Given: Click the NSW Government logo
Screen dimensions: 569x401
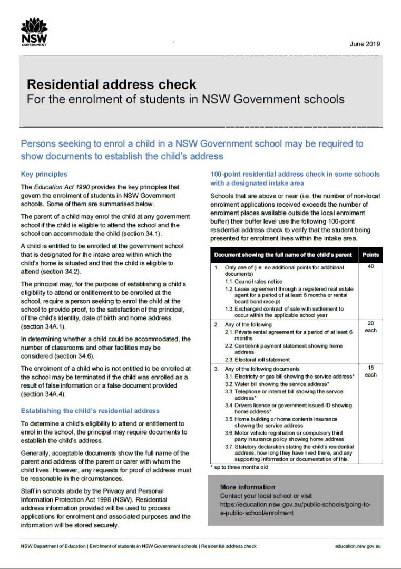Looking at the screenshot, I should click(33, 32).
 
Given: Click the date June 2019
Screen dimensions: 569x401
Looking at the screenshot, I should click(365, 44).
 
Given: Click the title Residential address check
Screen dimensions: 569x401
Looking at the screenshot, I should click(111, 84).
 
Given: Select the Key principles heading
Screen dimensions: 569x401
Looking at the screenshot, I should click(44, 174).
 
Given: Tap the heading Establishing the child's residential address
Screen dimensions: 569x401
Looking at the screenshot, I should click(90, 410).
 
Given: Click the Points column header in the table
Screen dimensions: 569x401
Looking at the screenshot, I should click(371, 255).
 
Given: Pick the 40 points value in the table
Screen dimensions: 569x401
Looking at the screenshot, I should click(371, 267).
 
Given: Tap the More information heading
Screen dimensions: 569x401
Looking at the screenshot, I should click(247, 487).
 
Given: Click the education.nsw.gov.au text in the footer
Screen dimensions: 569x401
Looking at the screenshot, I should click(357, 546).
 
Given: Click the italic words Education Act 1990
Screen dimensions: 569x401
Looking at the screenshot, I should click(56, 187).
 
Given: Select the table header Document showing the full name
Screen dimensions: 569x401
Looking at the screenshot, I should click(282, 255).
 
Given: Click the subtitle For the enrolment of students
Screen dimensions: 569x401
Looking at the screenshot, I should click(185, 99).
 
